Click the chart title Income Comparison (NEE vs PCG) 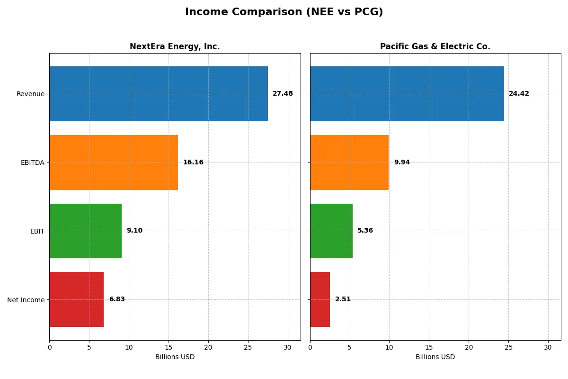[x=284, y=12]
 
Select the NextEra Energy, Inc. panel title [x=175, y=46]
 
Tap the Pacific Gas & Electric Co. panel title [x=435, y=46]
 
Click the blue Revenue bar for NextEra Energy [x=159, y=94]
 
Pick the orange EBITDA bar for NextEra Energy [x=114, y=162]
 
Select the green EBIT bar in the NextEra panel [x=85, y=231]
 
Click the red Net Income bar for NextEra [x=76, y=299]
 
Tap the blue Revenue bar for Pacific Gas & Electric [x=407, y=94]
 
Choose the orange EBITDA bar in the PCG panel [x=349, y=162]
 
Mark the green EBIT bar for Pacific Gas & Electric [x=331, y=231]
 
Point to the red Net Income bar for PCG [x=320, y=299]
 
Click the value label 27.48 [x=283, y=94]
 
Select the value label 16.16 [x=193, y=162]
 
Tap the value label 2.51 [x=343, y=299]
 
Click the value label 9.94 [x=402, y=162]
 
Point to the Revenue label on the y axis [x=30, y=94]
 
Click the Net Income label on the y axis [x=26, y=300]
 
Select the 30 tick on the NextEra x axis [x=287, y=347]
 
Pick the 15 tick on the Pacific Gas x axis [x=429, y=347]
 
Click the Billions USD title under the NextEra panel [x=175, y=357]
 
